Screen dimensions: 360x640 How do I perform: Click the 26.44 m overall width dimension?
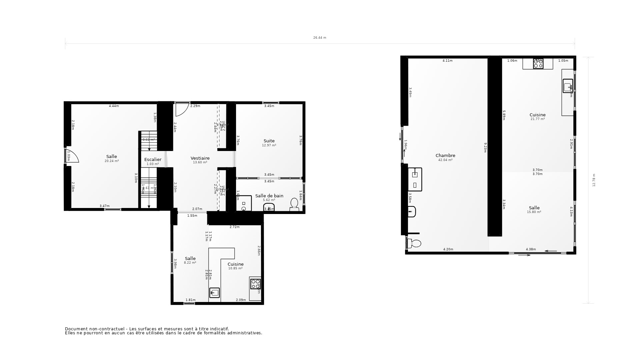pos(320,38)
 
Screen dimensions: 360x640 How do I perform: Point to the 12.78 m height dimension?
pos(594,180)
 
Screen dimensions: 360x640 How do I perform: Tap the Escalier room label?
pos(153,160)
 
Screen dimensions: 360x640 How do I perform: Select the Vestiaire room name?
pos(200,158)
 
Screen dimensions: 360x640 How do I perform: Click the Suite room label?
pos(269,141)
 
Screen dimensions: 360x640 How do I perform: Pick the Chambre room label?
pos(445,156)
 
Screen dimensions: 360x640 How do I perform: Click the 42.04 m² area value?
pos(445,160)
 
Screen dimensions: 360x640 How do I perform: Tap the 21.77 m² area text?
pos(537,119)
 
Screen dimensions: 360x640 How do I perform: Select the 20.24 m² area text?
pos(112,161)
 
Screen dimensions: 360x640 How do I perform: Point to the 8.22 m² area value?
pos(190,263)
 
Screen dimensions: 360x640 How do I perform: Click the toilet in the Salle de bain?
pos(294,204)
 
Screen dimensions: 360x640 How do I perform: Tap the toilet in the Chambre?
pos(414,243)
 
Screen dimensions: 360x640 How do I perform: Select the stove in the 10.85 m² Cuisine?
pos(256,284)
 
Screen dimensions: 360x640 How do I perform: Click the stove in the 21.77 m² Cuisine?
pos(538,64)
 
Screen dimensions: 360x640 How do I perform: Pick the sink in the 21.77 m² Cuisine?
pos(568,86)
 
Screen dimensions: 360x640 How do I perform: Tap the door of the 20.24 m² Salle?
pos(72,156)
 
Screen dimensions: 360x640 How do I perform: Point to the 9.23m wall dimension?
pos(485,148)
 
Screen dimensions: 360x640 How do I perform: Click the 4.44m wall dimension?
pos(114,106)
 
